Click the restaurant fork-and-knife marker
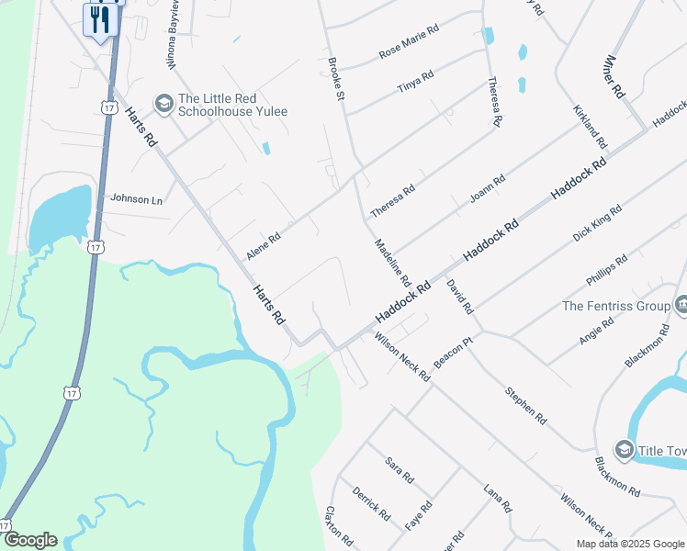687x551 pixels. point(100,18)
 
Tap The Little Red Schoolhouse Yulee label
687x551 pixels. point(232,105)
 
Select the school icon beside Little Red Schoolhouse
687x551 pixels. point(164,104)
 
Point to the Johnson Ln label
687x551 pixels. point(136,198)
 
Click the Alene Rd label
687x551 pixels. point(263,245)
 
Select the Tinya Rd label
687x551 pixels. point(415,82)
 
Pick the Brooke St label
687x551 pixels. point(336,79)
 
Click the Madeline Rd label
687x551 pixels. point(392,261)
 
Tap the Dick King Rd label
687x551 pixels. point(597,223)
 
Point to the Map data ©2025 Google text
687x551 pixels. point(629,544)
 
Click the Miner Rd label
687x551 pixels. point(614,77)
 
